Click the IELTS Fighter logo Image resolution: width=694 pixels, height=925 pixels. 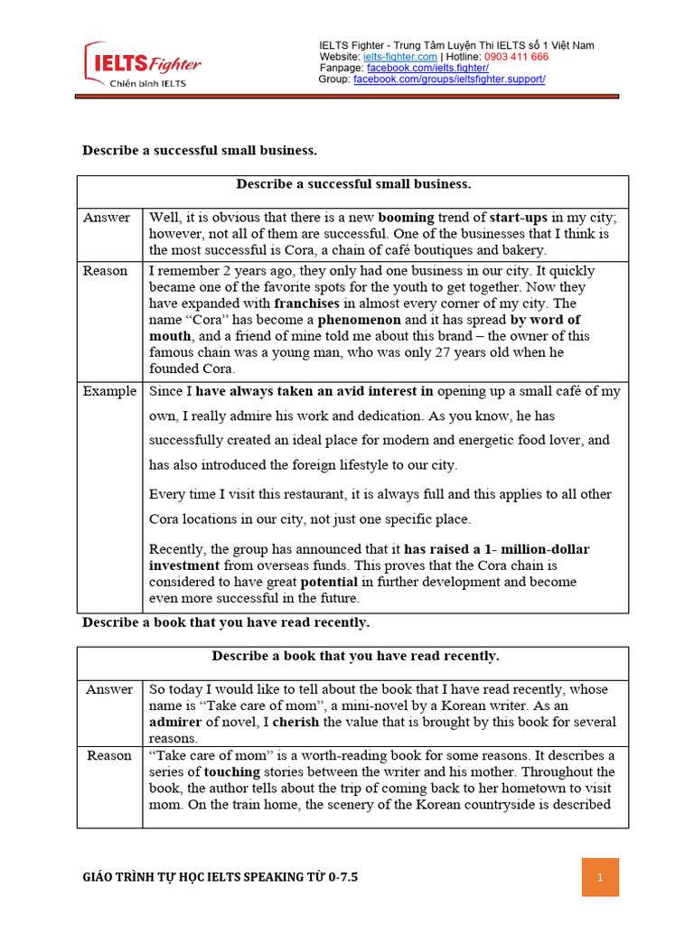(143, 65)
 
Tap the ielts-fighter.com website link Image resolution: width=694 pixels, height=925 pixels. (400, 57)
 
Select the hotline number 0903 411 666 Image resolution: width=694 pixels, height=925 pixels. (516, 57)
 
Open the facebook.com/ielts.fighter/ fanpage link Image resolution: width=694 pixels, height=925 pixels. (427, 68)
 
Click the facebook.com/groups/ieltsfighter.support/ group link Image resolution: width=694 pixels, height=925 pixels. (449, 79)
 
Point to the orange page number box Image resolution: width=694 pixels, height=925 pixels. (600, 877)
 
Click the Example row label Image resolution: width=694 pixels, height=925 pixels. (109, 391)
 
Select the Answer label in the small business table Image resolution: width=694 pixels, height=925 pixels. (107, 218)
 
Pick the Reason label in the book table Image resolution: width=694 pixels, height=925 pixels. (109, 755)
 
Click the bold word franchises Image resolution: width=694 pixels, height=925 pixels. (275, 304)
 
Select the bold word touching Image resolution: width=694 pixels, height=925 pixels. (231, 771)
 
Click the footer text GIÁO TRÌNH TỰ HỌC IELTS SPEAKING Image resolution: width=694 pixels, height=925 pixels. (220, 877)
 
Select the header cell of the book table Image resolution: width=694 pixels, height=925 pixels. (353, 656)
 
